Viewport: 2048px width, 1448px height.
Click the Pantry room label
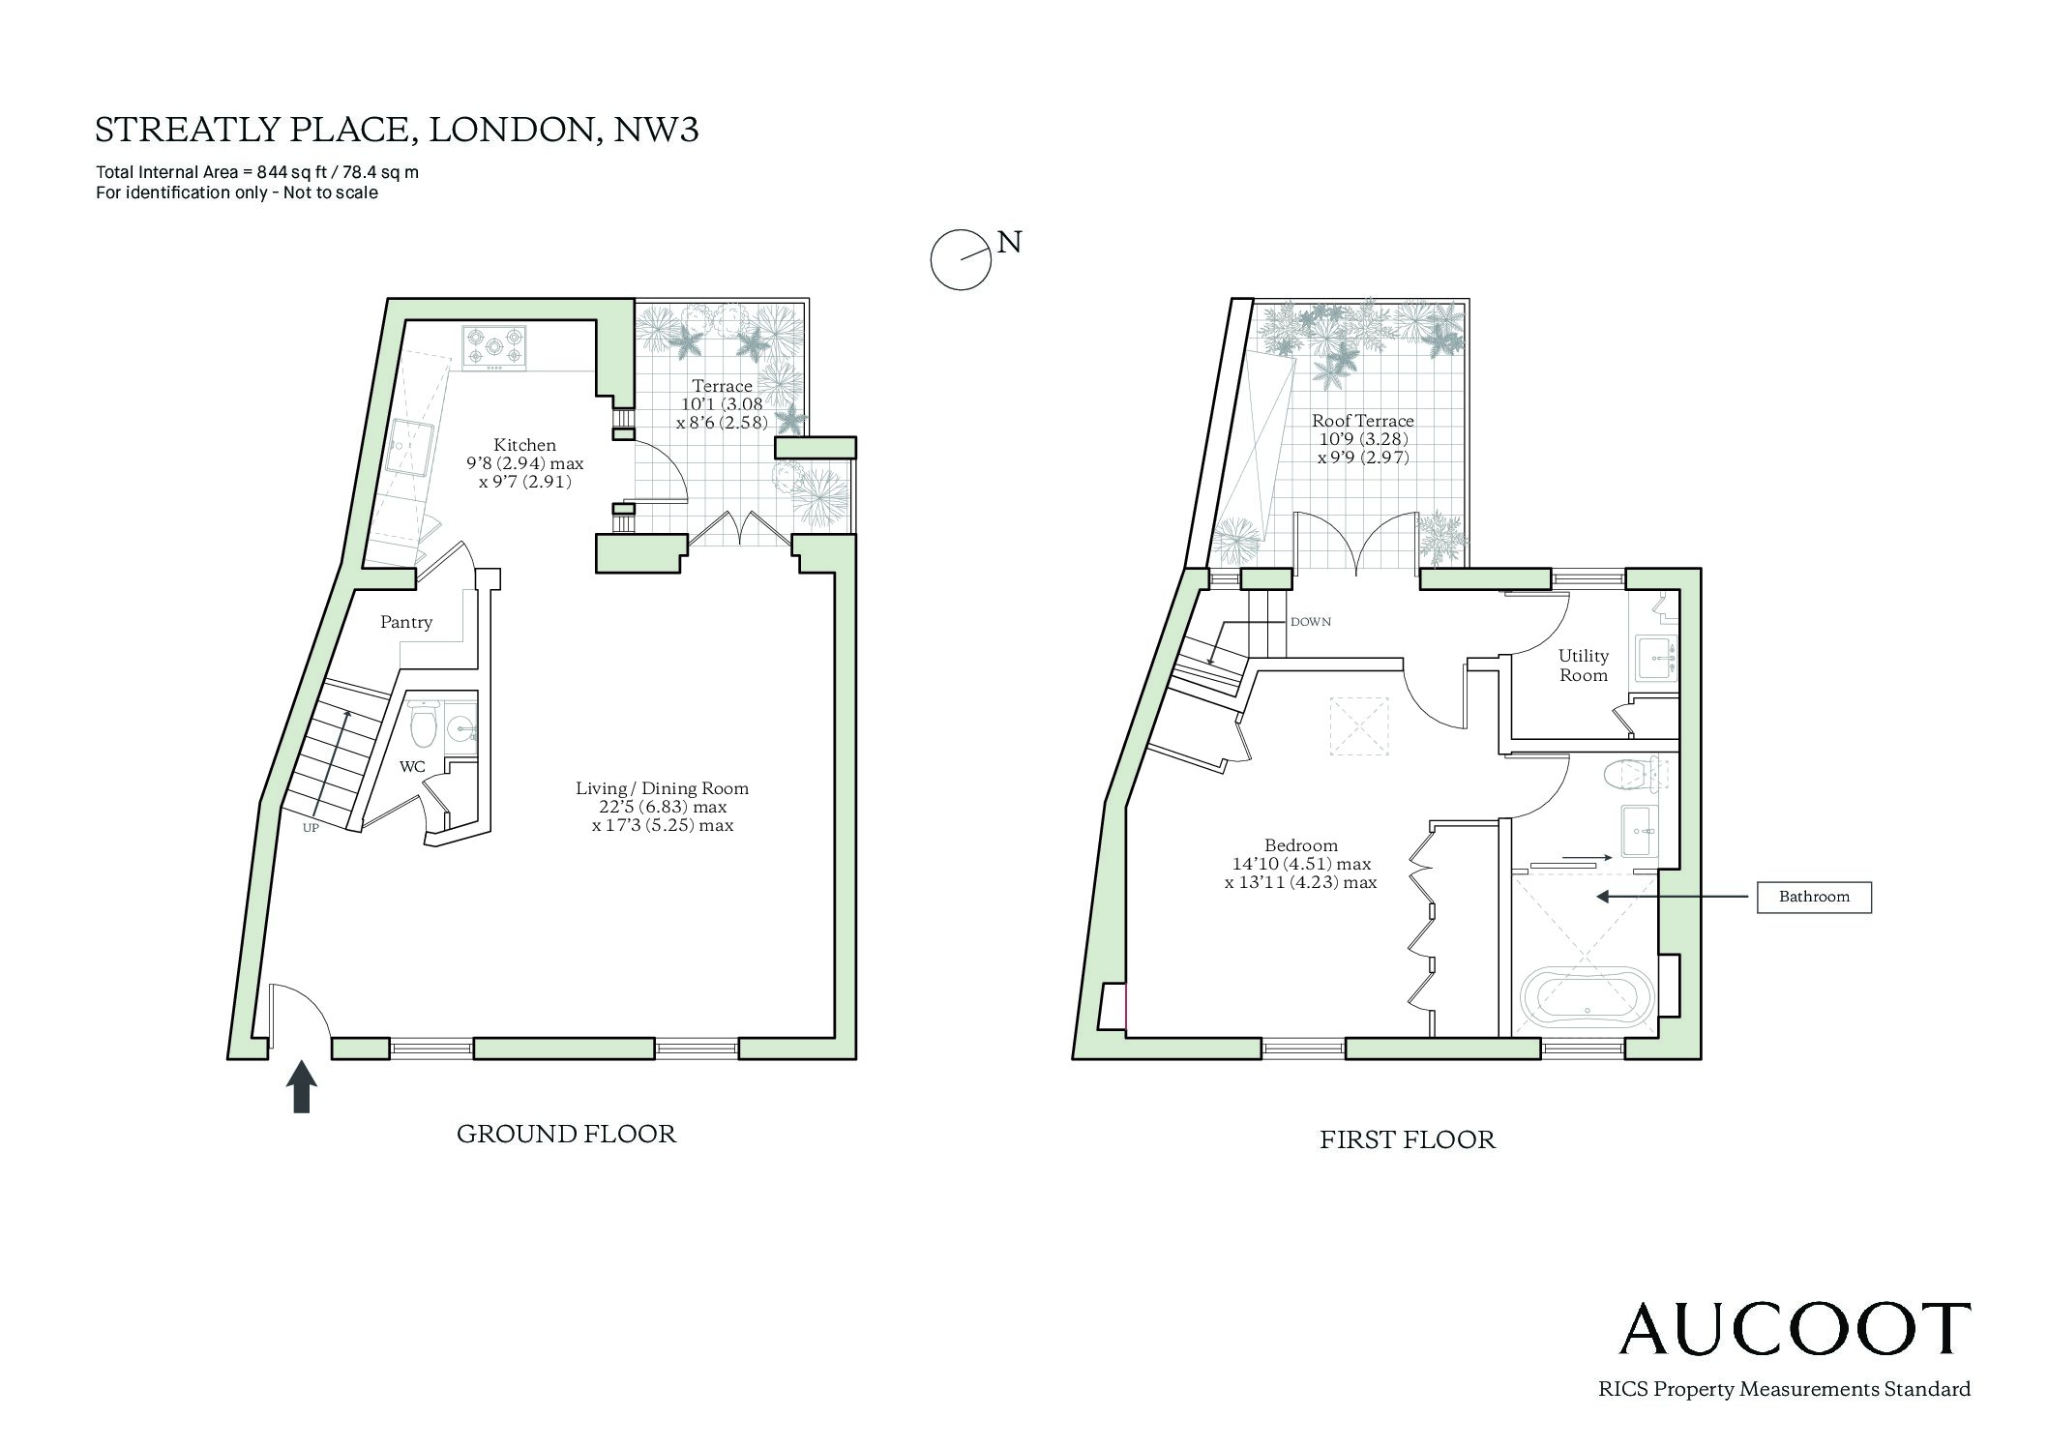click(406, 622)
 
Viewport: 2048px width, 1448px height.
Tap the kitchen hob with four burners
click(495, 348)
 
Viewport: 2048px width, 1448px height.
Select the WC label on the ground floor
click(412, 767)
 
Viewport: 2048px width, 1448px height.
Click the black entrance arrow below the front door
click(302, 1086)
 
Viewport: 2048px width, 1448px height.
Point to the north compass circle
click(961, 259)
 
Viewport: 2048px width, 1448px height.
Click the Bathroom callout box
click(1814, 897)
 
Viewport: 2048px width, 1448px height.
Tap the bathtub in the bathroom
click(1587, 993)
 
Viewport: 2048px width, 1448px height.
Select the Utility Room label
click(1584, 665)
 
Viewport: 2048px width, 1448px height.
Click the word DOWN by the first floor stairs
click(1311, 622)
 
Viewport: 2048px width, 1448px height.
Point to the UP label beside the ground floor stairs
click(311, 828)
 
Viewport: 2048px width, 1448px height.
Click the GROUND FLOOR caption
click(566, 1134)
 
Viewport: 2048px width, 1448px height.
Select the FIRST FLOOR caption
click(1408, 1139)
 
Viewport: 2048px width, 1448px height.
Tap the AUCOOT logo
click(1795, 1328)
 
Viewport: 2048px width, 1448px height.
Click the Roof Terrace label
click(1363, 421)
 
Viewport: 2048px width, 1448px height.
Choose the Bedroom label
click(1301, 845)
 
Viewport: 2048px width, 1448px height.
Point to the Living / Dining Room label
click(663, 788)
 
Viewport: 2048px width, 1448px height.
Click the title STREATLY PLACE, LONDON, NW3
click(397, 130)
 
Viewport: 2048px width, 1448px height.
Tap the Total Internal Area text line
click(257, 173)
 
